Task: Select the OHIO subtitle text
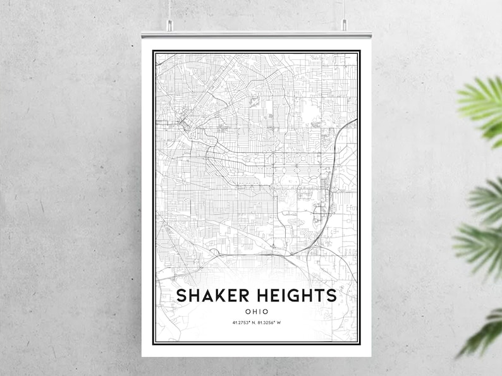257,311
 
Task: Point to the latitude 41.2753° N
243,323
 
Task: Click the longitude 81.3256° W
269,323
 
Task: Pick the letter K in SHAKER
217,296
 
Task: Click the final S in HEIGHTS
331,296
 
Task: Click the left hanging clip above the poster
169,25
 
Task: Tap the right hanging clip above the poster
344,25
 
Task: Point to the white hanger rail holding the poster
256,33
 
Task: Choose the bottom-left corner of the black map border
153,344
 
